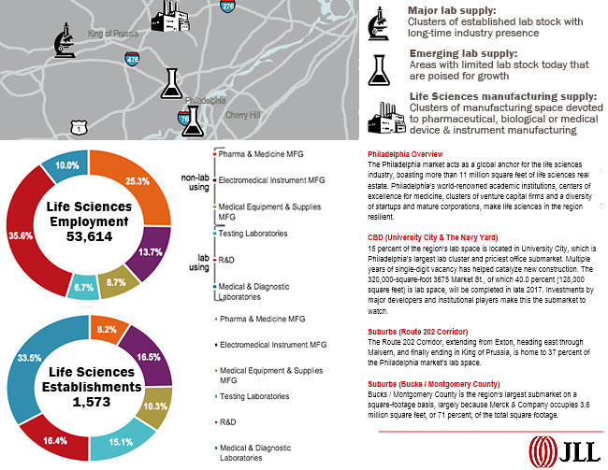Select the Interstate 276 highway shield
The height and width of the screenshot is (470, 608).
tap(228, 7)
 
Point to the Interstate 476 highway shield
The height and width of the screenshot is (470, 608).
tap(132, 58)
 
